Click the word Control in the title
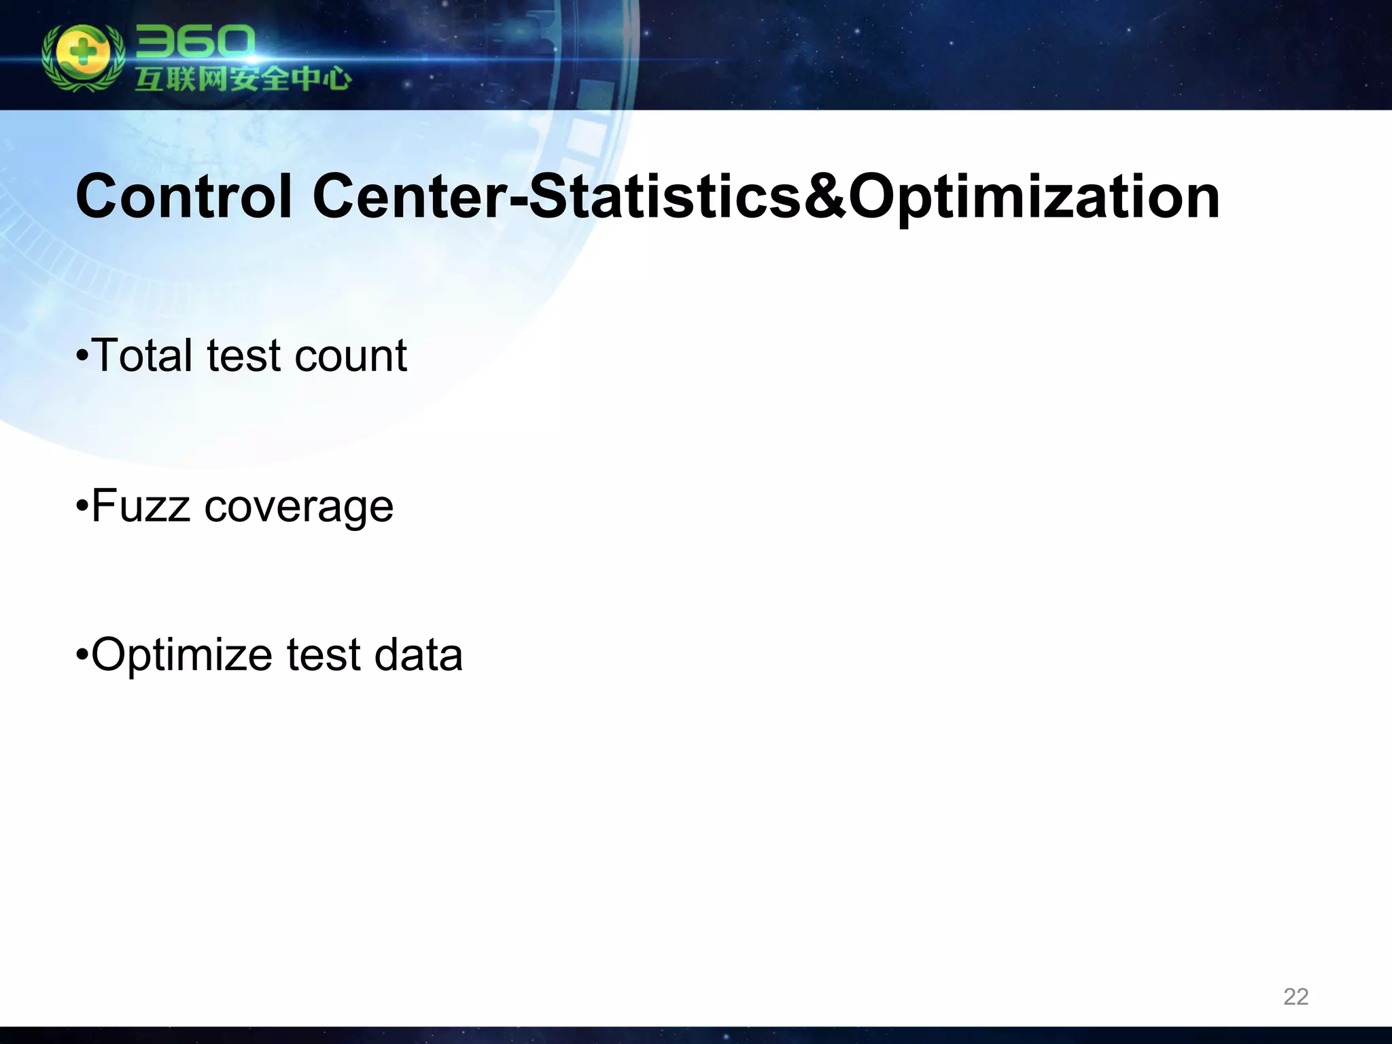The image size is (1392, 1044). pyautogui.click(x=184, y=196)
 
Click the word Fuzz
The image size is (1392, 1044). pyautogui.click(x=140, y=506)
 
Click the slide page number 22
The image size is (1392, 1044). pyautogui.click(x=1295, y=996)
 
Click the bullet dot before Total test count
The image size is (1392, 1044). pyautogui.click(x=82, y=356)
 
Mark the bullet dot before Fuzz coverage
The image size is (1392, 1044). pyautogui.click(x=82, y=507)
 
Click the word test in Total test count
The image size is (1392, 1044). pyautogui.click(x=243, y=355)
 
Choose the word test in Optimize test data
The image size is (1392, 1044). pyautogui.click(x=323, y=655)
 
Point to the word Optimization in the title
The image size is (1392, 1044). pyautogui.click(x=1034, y=198)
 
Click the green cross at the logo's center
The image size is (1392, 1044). pyautogui.click(x=82, y=54)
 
